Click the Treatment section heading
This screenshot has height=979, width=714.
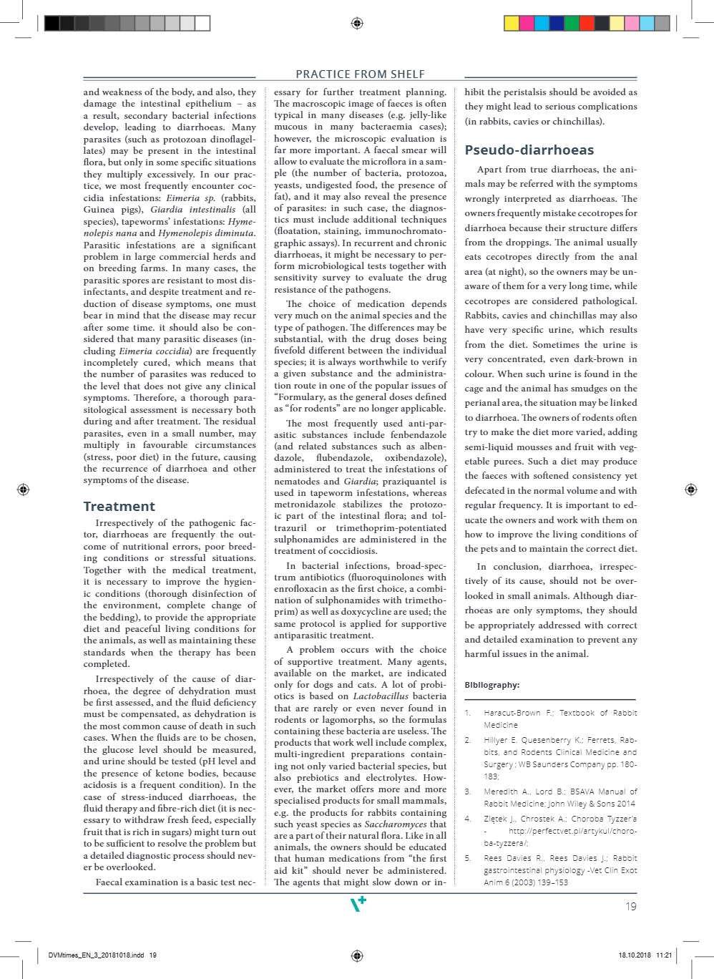tap(119, 507)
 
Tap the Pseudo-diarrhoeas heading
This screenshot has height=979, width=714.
tap(529, 150)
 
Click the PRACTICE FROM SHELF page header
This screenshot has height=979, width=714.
tap(360, 74)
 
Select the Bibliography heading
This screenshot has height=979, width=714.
tap(492, 685)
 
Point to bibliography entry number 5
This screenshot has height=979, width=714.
tap(467, 858)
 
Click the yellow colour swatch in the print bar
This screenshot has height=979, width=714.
tap(512, 24)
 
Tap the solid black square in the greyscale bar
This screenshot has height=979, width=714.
tap(52, 24)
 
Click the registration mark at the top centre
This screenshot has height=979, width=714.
tap(357, 24)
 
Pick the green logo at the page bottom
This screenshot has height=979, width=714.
tap(358, 905)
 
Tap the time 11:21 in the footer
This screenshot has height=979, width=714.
tap(664, 955)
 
